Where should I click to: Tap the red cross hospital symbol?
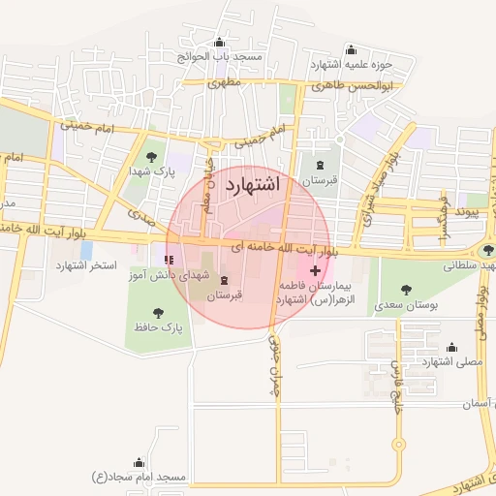[x=316, y=269]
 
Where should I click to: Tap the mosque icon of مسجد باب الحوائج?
[x=220, y=42]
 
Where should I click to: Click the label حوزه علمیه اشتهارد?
[x=356, y=65]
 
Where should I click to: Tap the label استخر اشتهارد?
[x=85, y=264]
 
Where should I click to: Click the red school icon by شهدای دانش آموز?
[x=170, y=260]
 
